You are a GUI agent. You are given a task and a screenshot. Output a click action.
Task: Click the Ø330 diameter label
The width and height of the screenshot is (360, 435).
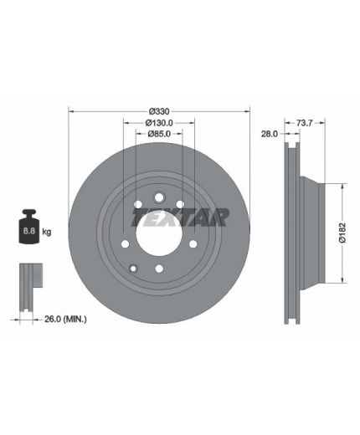coord(159,111)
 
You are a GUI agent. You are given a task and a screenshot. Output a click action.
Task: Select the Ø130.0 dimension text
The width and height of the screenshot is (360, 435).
coord(159,123)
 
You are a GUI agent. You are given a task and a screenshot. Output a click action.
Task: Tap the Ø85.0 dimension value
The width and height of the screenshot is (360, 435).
coord(159,134)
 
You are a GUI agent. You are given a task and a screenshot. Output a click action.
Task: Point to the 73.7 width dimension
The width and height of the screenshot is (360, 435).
coord(304,123)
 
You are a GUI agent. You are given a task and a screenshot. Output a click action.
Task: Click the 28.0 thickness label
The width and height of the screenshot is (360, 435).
coord(270,134)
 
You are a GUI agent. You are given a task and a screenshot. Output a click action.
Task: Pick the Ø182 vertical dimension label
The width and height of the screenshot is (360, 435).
coord(342,233)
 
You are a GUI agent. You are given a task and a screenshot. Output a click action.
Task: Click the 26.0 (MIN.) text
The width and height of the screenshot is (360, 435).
coord(65,319)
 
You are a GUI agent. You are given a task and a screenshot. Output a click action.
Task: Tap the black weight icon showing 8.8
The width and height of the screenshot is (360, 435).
coord(29,226)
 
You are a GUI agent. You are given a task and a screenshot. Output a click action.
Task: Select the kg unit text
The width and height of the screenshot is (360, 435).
coord(47,232)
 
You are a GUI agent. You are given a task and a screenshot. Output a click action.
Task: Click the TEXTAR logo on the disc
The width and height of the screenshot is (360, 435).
coord(180,217)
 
